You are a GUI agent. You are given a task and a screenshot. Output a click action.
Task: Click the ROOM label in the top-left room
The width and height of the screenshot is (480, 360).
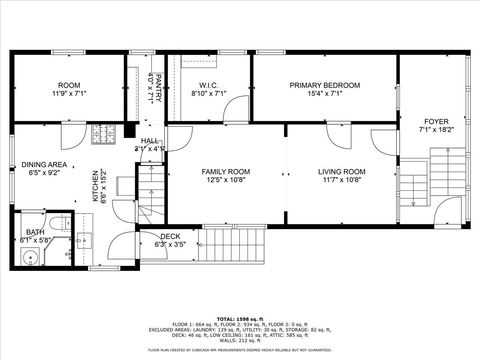click(69, 85)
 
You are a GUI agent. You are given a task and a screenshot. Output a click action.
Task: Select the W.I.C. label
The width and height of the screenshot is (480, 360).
click(209, 85)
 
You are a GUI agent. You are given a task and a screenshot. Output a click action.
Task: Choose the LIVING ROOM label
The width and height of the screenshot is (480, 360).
click(343, 171)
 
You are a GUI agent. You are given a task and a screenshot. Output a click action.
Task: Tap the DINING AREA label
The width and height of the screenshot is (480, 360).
click(43, 163)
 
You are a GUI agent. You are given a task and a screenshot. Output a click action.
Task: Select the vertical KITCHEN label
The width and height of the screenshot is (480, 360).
click(96, 186)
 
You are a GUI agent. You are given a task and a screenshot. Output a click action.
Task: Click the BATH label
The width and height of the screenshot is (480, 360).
click(35, 232)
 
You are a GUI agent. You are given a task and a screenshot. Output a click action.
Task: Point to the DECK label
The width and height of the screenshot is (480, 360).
click(171, 236)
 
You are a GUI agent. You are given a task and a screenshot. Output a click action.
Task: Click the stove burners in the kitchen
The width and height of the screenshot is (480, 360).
click(104, 133)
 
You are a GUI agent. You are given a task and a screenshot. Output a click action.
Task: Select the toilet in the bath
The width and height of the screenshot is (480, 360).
click(59, 223)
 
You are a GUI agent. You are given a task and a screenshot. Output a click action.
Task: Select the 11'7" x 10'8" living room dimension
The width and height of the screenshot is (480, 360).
click(343, 181)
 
